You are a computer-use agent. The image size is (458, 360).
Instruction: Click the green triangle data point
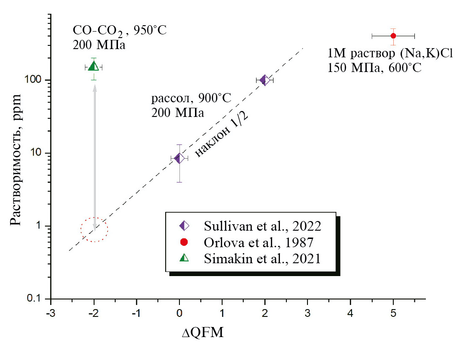tap(94, 66)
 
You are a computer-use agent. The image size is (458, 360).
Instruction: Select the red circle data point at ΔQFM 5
tap(393, 36)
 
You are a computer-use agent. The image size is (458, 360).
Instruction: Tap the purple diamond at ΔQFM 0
tap(179, 158)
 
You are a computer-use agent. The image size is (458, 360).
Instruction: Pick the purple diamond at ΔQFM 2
tap(264, 80)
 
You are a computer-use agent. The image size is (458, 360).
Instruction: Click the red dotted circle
tap(94, 229)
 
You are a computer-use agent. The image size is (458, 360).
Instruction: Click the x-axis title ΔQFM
tap(202, 332)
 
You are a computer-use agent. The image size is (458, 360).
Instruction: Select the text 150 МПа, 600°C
tap(374, 67)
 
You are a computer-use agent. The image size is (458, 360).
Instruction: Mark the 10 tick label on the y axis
tap(37, 153)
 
